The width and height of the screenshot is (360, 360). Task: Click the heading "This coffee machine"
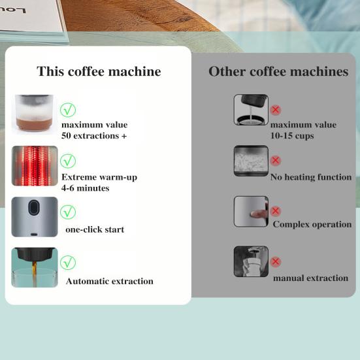[98, 71]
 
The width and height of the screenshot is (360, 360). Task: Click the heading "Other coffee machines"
[278, 71]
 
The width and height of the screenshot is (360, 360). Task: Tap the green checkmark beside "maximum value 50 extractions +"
[68, 110]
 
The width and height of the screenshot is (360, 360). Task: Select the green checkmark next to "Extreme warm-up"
[68, 161]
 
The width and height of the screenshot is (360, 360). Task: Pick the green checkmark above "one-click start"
[68, 212]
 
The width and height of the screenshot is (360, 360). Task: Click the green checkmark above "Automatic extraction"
[68, 263]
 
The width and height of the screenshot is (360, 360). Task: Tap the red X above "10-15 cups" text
[276, 110]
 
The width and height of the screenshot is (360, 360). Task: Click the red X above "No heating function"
[276, 161]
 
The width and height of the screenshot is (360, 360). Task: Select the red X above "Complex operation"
[276, 211]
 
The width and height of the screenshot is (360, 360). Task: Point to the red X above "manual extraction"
[276, 262]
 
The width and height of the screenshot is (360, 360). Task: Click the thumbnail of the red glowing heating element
[35, 165]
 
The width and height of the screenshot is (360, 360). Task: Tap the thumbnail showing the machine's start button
[35, 216]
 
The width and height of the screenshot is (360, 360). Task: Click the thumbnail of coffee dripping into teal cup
[35, 267]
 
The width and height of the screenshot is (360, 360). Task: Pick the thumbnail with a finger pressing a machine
[251, 211]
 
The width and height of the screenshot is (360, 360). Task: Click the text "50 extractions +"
[93, 136]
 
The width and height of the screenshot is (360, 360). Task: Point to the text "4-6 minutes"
[85, 188]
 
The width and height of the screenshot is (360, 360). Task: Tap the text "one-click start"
[95, 229]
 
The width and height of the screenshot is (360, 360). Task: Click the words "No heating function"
[312, 177]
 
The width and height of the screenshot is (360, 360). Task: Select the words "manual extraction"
[310, 278]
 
